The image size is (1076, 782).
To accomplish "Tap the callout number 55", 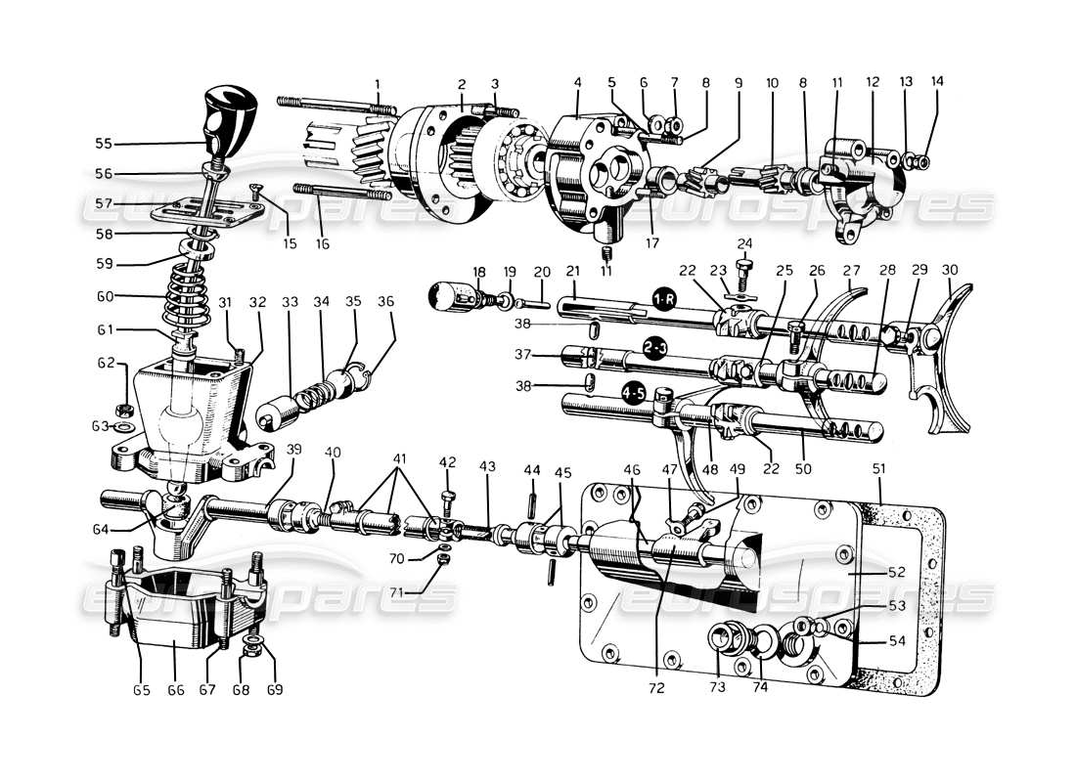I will [x=104, y=144].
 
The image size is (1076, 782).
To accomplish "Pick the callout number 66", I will [x=175, y=690].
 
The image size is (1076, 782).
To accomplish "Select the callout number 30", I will [x=950, y=271].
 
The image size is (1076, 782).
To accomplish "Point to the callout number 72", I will [x=655, y=688].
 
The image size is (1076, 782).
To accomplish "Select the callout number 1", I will [x=378, y=83].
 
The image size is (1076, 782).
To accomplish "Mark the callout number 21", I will [x=572, y=271].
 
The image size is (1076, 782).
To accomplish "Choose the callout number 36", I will [x=387, y=302].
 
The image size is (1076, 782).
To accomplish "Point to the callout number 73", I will [x=717, y=688].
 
